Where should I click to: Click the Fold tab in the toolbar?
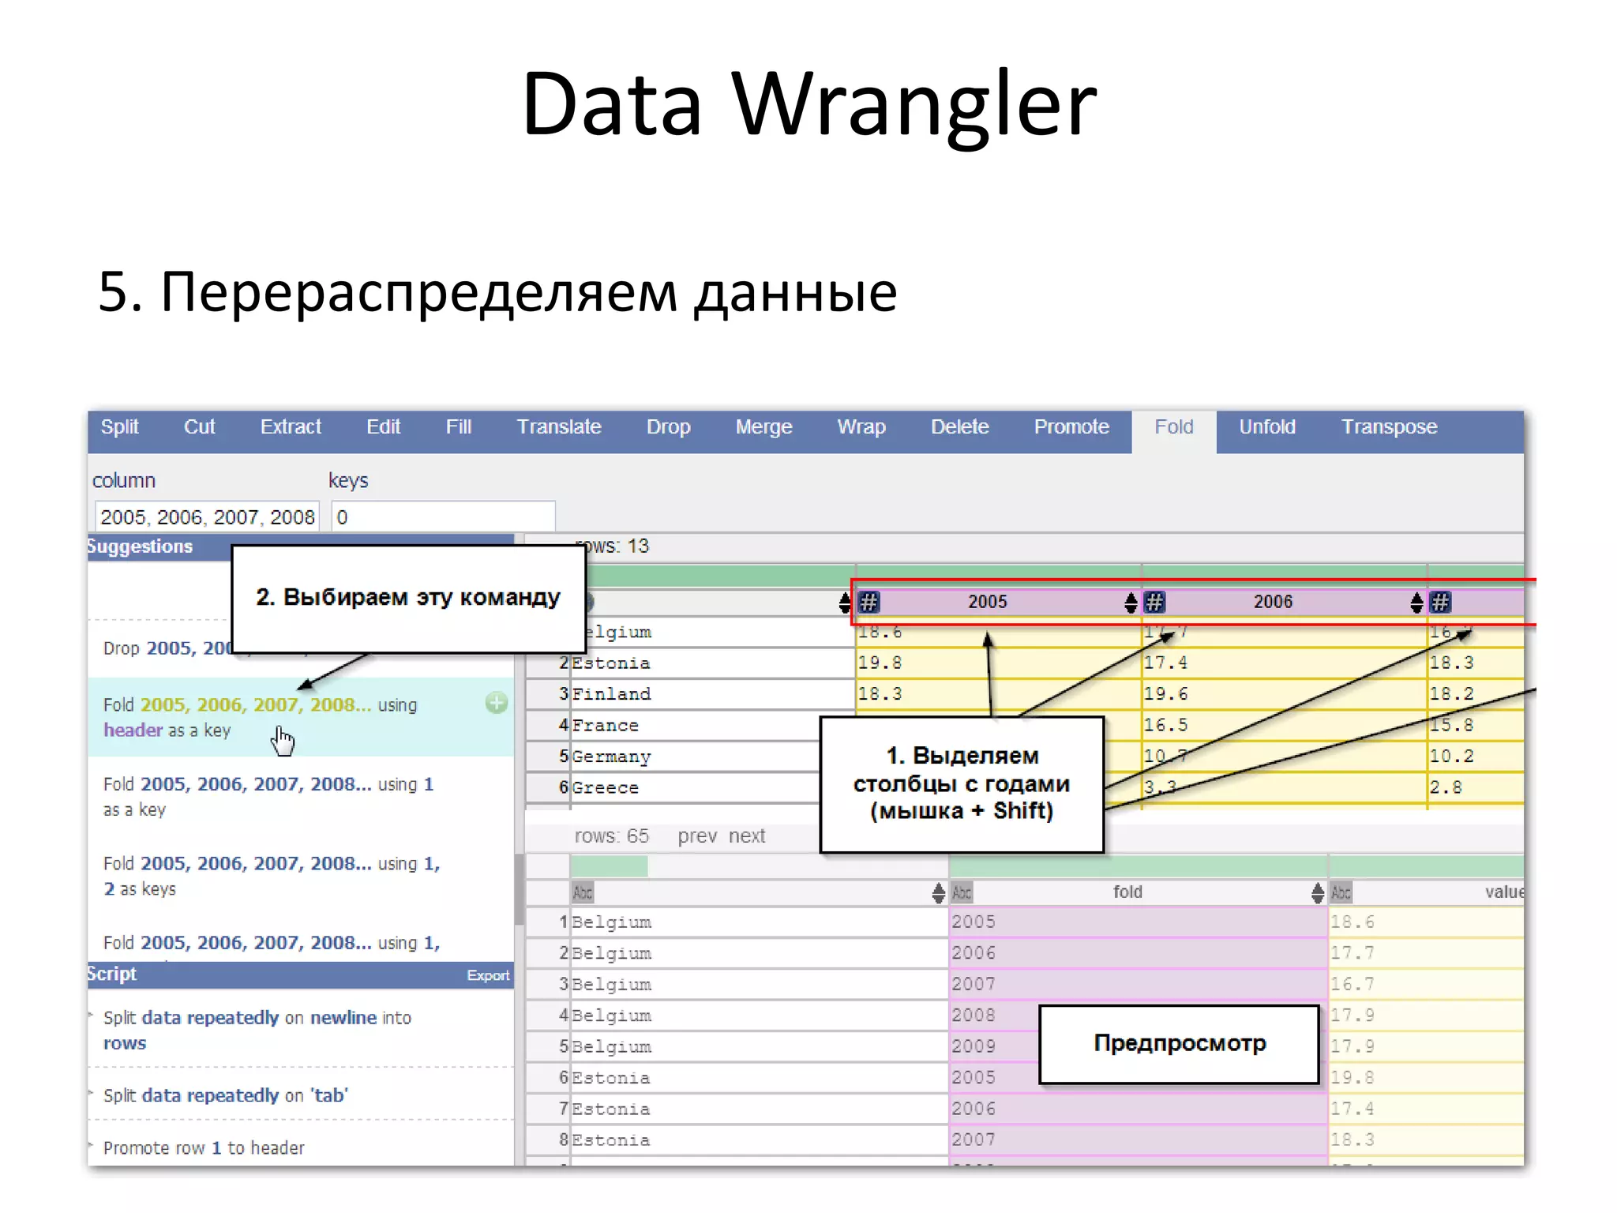coord(1173,427)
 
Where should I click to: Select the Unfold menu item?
coord(1266,427)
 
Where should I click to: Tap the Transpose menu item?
coord(1389,427)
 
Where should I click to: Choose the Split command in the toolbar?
coord(119,427)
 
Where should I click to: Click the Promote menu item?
coord(1071,427)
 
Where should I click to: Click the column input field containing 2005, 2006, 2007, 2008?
coord(207,517)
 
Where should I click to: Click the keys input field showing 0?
coord(443,517)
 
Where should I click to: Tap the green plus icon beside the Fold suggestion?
coord(497,703)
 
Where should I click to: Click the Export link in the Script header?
coord(487,976)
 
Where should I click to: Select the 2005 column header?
coord(988,602)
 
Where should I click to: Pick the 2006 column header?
coord(1273,602)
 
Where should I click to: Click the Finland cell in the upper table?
coord(611,694)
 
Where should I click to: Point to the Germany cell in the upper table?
coord(611,757)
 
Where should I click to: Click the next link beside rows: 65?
coord(747,836)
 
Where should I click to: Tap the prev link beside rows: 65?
coord(697,836)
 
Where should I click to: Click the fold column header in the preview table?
coord(1127,892)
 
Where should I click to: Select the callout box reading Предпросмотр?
coord(1179,1044)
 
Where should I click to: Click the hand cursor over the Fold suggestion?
coord(282,741)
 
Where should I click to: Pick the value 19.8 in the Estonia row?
coord(880,663)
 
